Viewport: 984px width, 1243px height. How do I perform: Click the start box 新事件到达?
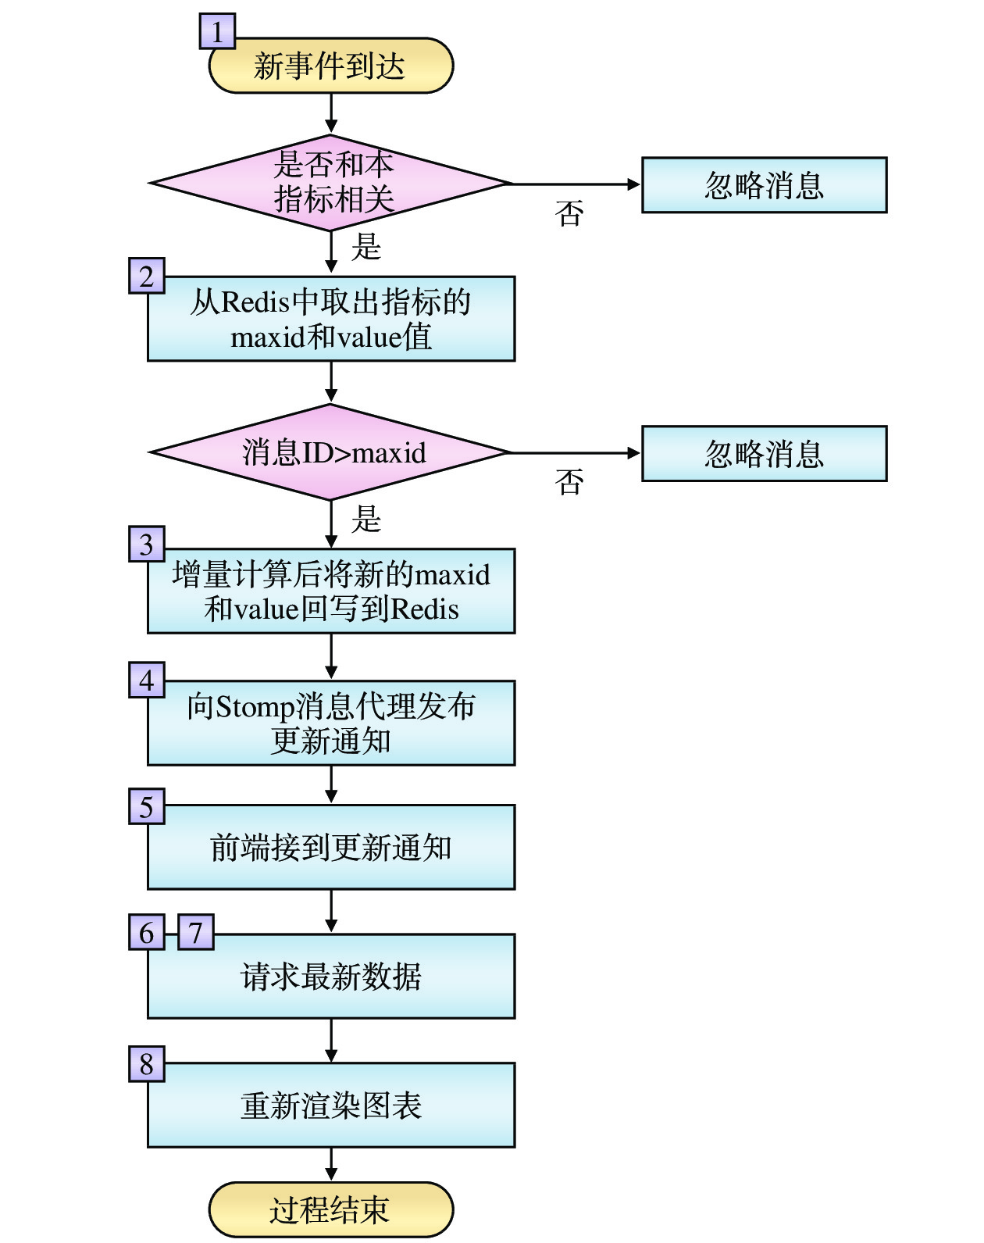click(330, 66)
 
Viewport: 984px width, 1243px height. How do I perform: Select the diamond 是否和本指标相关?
click(330, 183)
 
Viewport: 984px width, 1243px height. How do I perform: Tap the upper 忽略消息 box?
click(764, 185)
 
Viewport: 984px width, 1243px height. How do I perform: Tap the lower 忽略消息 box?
click(764, 453)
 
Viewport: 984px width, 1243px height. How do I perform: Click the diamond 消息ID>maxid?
click(330, 452)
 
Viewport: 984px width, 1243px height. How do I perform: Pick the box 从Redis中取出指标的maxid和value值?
click(330, 319)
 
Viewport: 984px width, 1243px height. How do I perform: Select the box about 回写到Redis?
click(330, 591)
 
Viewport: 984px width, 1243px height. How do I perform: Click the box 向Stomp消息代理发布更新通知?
click(330, 723)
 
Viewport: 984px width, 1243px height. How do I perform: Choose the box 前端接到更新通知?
click(330, 847)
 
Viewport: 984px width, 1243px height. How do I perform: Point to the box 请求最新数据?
click(330, 976)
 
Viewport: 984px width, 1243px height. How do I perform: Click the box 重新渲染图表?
click(330, 1105)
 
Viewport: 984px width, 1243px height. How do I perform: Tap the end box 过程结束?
click(330, 1209)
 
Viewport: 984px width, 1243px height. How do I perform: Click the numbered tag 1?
click(217, 31)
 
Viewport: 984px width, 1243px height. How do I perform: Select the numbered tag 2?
click(147, 276)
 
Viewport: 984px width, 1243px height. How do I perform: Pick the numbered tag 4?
click(147, 680)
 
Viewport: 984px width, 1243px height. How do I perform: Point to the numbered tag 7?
click(196, 932)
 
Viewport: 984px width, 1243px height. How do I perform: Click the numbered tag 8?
click(147, 1063)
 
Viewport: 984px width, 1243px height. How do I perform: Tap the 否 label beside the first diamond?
click(569, 213)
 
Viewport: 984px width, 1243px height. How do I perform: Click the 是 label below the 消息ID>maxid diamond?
click(365, 519)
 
